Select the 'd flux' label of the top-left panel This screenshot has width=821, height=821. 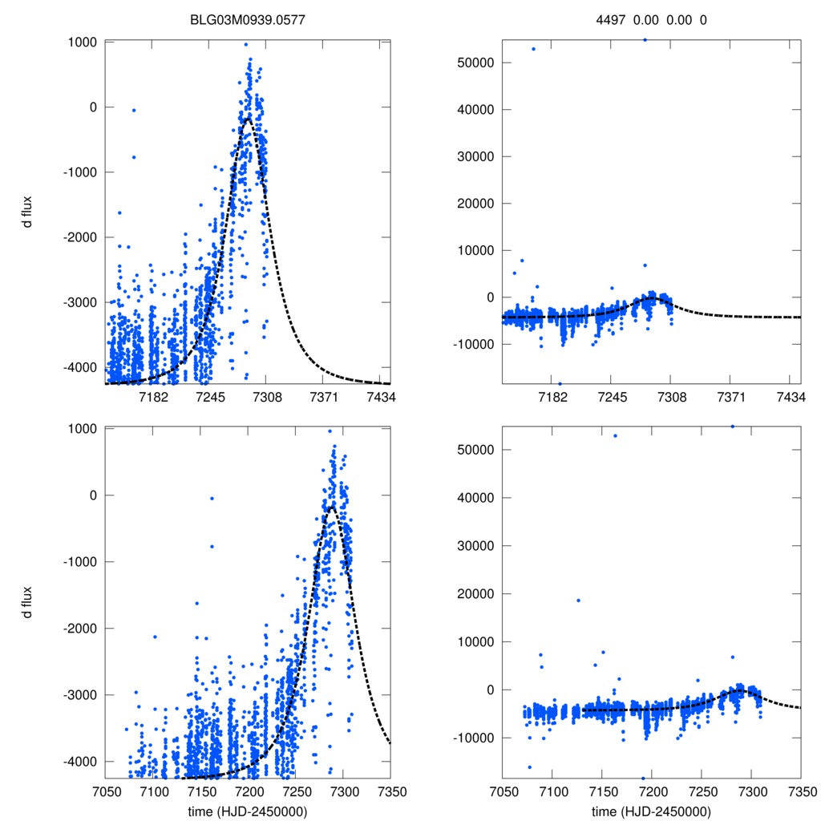coord(27,212)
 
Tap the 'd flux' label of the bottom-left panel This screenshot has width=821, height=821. coord(27,602)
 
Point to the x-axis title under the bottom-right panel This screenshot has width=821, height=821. coord(651,811)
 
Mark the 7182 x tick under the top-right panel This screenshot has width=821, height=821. coord(552,398)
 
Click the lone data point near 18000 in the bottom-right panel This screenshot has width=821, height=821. coord(578,601)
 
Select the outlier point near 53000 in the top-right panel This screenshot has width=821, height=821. coord(533,49)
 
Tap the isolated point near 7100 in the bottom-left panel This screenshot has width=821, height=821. coord(155,637)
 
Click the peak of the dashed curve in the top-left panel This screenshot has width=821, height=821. coord(248,119)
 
